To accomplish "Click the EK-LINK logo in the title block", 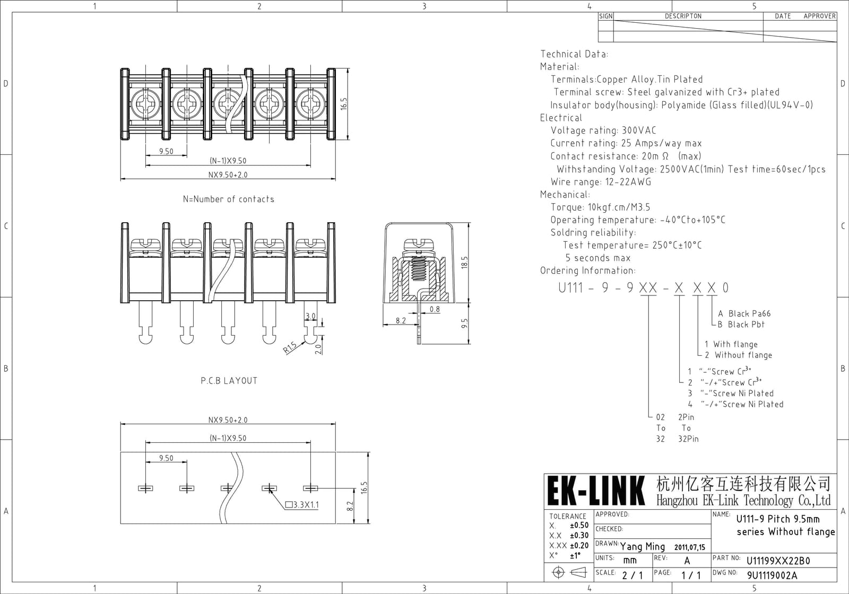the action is coord(596,491).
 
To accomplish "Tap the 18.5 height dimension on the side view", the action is coord(465,263).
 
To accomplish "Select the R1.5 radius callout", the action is coord(290,347).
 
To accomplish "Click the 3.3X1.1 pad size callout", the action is coord(302,504).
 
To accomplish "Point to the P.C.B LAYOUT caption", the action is coord(229,381).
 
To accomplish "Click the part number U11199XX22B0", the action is coord(778,561).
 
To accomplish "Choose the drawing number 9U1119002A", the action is coord(772,575).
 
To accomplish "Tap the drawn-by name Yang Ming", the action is coord(643,546).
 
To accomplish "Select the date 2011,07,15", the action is coord(690,547).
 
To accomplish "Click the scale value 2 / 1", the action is coord(633,575).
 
